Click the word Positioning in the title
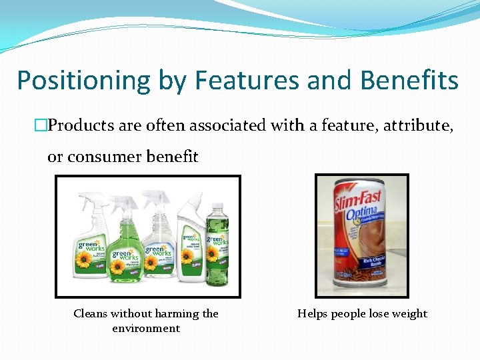coord(84,81)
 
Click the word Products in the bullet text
coord(84,125)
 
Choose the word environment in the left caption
coord(146,328)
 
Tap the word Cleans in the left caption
coord(91,313)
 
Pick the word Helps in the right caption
coord(312,313)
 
